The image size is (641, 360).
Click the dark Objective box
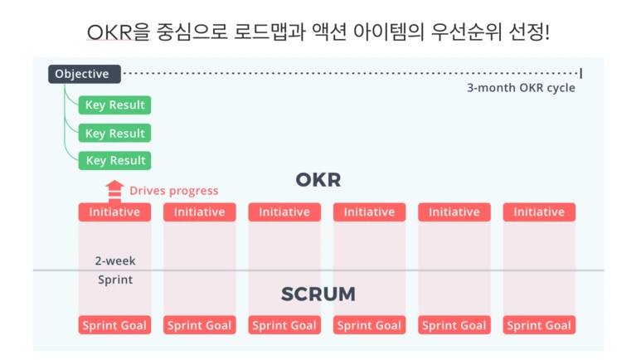[85, 74]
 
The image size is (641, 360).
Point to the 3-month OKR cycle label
[521, 88]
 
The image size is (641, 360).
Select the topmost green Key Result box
[114, 105]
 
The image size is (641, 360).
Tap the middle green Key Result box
[114, 134]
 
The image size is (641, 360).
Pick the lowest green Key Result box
[114, 160]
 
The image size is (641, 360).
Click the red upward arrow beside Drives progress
[114, 191]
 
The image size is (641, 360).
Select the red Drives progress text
[174, 191]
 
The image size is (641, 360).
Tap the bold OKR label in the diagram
[318, 180]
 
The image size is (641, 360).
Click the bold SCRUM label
[318, 294]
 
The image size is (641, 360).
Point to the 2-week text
[115, 261]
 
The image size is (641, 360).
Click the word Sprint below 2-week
[115, 280]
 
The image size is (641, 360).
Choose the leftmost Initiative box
[114, 212]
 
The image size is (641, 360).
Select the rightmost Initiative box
[539, 212]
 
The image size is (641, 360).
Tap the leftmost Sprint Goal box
[114, 325]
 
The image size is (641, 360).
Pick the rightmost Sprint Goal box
[539, 325]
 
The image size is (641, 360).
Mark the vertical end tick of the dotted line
[581, 74]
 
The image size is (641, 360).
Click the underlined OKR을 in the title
[119, 32]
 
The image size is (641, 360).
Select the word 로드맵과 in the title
[270, 32]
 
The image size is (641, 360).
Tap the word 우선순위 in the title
[466, 32]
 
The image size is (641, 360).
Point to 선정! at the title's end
[530, 32]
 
